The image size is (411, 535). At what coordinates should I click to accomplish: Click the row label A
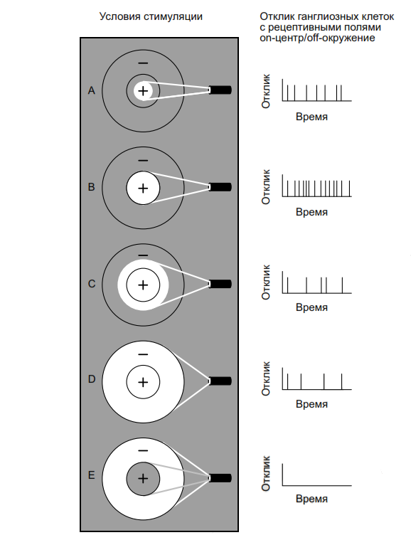point(92,90)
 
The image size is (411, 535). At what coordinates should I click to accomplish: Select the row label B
point(92,187)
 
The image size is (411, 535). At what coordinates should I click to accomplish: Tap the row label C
point(92,284)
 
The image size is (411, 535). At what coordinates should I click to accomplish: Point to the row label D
point(92,379)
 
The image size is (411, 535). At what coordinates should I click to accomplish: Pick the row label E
point(92,475)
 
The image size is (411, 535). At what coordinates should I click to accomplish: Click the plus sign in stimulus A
point(143,91)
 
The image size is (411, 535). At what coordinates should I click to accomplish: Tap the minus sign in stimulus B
point(143,160)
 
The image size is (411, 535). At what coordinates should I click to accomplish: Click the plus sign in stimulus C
point(143,285)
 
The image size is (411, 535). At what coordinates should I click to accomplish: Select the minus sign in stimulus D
point(143,354)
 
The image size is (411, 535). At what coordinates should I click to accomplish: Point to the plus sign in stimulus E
point(143,478)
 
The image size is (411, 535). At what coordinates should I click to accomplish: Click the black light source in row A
point(220,90)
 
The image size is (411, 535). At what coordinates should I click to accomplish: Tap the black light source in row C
point(220,284)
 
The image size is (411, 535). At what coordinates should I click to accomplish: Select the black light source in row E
point(220,477)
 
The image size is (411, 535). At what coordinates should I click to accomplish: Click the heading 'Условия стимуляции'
point(151,16)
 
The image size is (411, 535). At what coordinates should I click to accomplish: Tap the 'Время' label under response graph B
point(311,212)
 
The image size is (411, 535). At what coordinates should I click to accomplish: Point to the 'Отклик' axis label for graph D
point(266,378)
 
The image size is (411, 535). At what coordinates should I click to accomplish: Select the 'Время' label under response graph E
point(311,499)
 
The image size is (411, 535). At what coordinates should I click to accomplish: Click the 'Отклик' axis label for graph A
point(266,91)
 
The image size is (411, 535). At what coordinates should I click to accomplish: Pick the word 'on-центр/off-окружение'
point(317,38)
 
